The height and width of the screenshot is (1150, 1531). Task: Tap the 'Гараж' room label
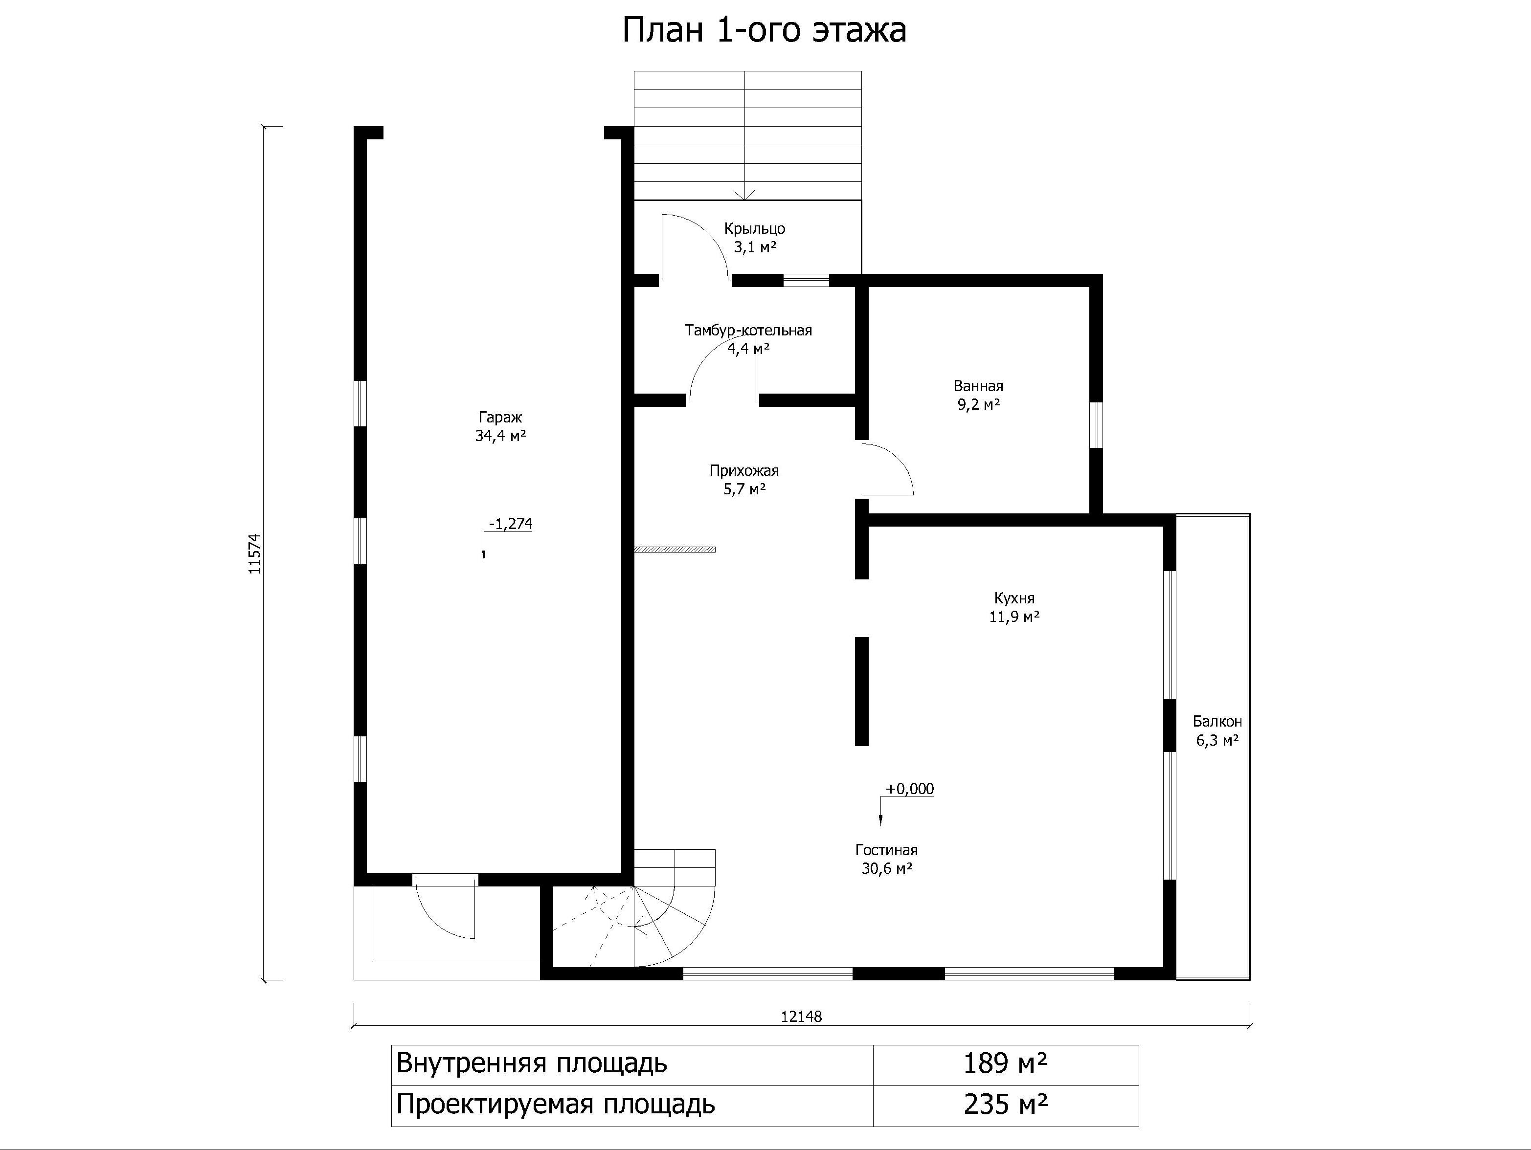click(x=500, y=417)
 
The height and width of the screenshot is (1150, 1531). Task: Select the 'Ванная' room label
click(x=978, y=386)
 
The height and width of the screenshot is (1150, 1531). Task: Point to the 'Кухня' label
click(x=1014, y=598)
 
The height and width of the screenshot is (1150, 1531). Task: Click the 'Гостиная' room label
click(x=886, y=850)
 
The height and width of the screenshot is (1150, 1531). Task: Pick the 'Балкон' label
click(x=1217, y=722)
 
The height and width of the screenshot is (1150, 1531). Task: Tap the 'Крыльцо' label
click(x=754, y=229)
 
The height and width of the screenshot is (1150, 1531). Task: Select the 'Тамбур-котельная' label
click(x=748, y=331)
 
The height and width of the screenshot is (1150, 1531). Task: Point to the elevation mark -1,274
click(x=510, y=524)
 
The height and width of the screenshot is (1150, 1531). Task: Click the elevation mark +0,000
click(x=909, y=789)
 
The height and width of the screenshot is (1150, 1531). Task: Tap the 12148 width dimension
click(x=802, y=1017)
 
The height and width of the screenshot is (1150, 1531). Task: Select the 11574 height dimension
click(x=255, y=553)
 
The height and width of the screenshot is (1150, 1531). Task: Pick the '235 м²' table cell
click(x=1006, y=1105)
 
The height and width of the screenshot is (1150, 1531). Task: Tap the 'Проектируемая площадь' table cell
click(x=632, y=1105)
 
